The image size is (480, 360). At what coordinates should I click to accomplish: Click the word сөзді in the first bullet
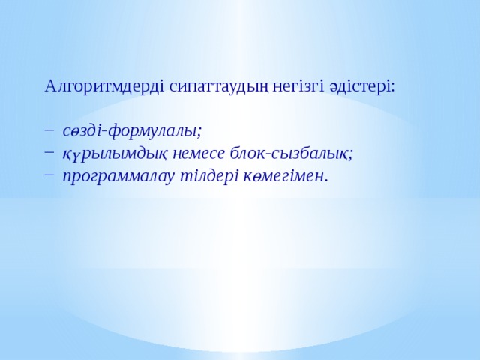82,131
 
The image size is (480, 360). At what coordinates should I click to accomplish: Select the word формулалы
152,131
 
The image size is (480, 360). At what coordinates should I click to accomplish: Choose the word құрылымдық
112,154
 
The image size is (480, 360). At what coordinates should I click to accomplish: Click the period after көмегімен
326,180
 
